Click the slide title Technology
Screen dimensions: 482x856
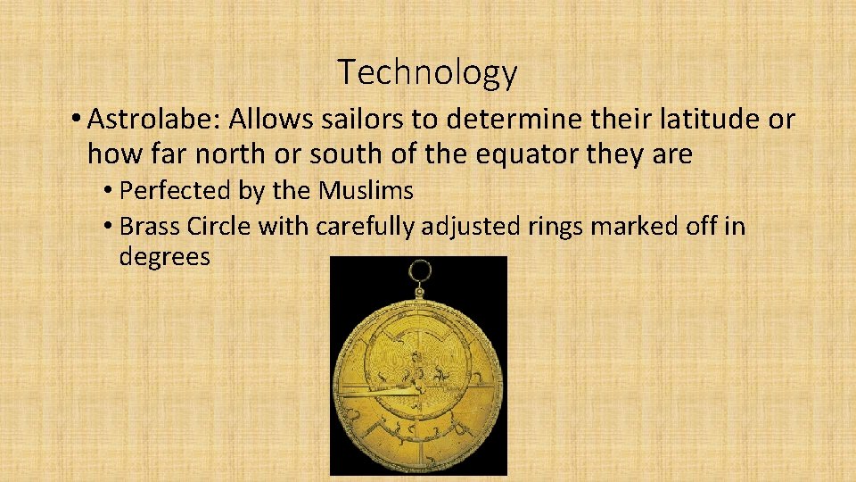pyautogui.click(x=427, y=72)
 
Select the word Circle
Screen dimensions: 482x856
pyautogui.click(x=219, y=227)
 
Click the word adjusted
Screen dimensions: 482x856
pyautogui.click(x=473, y=227)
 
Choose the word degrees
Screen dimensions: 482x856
pyautogui.click(x=164, y=258)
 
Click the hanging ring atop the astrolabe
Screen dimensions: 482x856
pyautogui.click(x=418, y=270)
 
